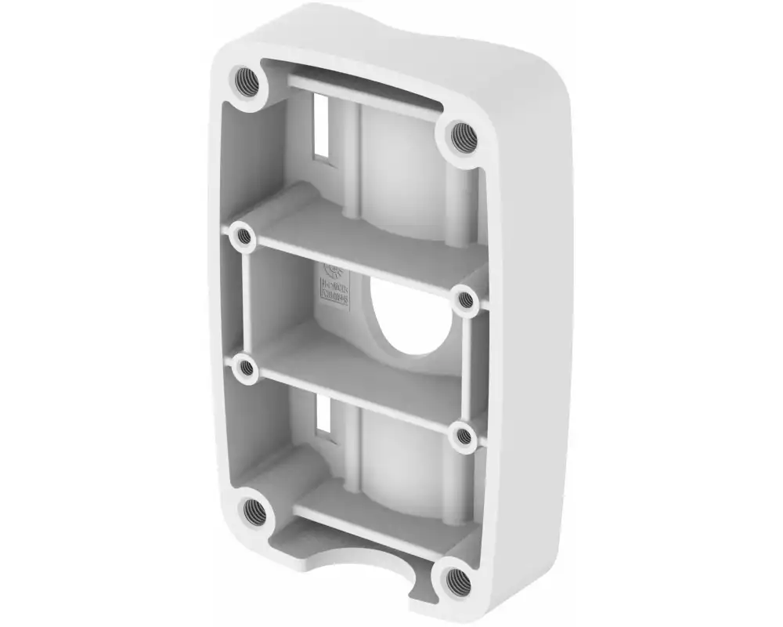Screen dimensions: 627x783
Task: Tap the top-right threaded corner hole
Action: [464, 137]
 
